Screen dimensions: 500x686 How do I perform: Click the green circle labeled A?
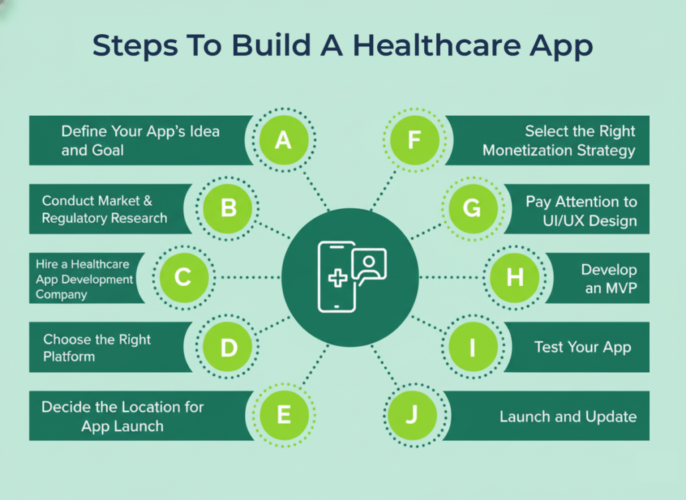coord(283,141)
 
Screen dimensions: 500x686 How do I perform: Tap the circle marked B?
coord(228,208)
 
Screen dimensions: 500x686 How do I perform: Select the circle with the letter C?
coord(183,277)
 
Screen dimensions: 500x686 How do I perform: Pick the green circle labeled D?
coord(228,347)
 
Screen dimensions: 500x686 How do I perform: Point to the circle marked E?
coord(283,415)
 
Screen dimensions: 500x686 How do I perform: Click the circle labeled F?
coord(414,141)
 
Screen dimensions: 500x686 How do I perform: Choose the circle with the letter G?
coord(472,208)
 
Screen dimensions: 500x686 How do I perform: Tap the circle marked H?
coord(514,277)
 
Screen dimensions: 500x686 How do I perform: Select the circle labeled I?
coord(472,347)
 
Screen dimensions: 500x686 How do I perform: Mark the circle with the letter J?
coord(412,415)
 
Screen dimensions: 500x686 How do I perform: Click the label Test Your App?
coord(582,347)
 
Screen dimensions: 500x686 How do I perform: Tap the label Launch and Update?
coord(567,416)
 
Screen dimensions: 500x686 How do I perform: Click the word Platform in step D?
coord(69,357)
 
